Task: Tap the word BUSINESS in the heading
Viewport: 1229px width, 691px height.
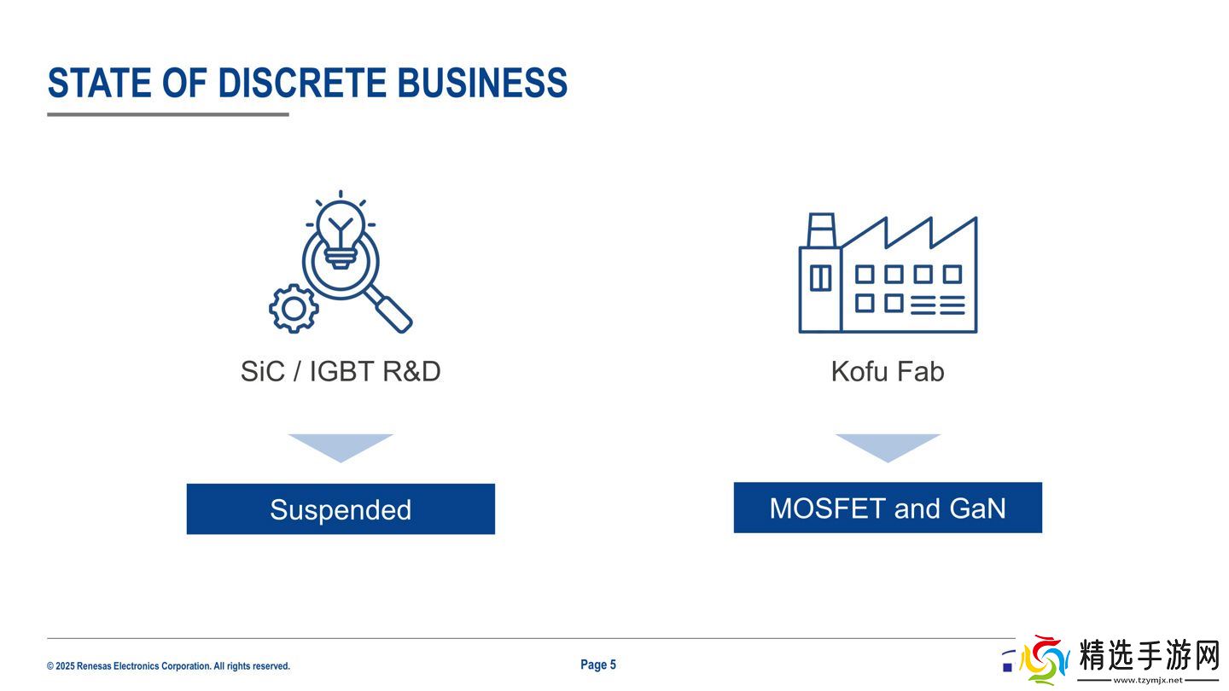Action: (482, 83)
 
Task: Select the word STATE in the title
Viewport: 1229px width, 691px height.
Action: (99, 83)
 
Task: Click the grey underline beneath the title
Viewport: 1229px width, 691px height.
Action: (168, 114)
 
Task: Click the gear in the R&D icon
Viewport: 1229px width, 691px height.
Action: (294, 309)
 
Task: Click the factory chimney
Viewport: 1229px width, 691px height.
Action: (821, 230)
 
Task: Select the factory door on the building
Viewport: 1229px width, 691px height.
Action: (821, 278)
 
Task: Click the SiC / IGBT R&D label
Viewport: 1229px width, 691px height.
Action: (341, 371)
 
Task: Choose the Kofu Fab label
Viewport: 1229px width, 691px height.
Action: (888, 371)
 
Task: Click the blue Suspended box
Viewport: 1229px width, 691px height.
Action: (341, 509)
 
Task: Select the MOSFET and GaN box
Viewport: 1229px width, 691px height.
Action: (888, 508)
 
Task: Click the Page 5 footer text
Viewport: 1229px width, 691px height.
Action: (598, 665)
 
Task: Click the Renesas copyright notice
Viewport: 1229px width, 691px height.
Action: (168, 666)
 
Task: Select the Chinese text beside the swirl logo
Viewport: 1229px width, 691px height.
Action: (1149, 655)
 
